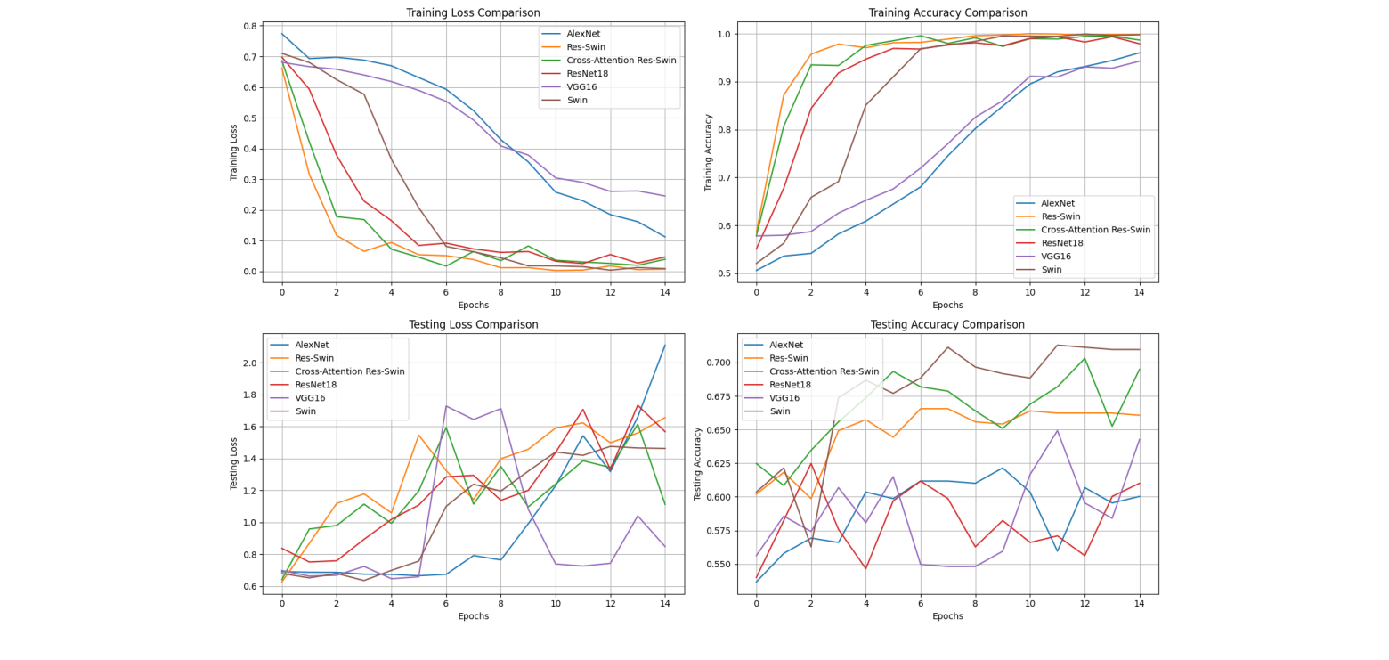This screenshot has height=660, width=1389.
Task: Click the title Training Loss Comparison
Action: click(473, 12)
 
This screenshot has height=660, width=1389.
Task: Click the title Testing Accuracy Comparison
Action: click(947, 324)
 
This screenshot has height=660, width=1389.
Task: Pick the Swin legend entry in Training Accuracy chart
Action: click(1052, 269)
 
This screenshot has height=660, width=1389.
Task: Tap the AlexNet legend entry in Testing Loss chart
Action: click(313, 345)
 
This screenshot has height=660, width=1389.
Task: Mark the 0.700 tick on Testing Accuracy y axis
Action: click(719, 363)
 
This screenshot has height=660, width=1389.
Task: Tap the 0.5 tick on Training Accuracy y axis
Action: click(724, 273)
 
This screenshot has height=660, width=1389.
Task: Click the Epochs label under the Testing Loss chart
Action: click(473, 615)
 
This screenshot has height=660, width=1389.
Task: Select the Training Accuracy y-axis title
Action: click(709, 151)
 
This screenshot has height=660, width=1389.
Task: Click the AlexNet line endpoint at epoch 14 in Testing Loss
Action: click(664, 345)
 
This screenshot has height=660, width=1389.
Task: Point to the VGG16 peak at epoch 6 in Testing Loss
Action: click(446, 406)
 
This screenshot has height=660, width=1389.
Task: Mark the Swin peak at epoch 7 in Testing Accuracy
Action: click(947, 347)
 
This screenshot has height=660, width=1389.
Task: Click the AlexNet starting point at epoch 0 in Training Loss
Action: click(282, 34)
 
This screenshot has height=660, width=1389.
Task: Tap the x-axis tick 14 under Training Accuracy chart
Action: click(1139, 292)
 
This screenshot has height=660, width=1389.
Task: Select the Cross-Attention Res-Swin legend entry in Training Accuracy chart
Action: click(1094, 229)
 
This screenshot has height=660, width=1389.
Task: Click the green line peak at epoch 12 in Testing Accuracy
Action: click(1084, 358)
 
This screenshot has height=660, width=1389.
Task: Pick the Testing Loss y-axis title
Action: click(234, 463)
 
